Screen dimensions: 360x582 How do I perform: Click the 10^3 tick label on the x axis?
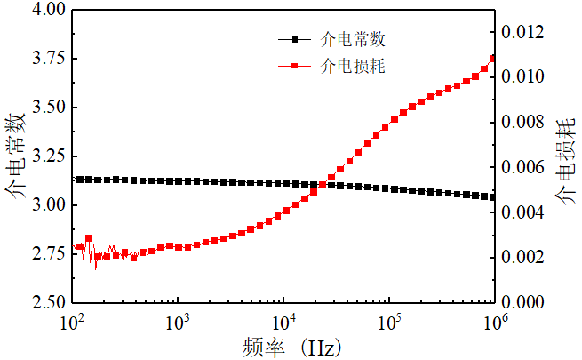[178, 320]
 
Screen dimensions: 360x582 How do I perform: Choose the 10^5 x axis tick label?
[388, 320]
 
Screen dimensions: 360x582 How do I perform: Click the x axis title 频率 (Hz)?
[290, 345]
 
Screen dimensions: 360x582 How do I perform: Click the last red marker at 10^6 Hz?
[493, 59]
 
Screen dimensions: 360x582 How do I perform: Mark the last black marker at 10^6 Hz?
[493, 197]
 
